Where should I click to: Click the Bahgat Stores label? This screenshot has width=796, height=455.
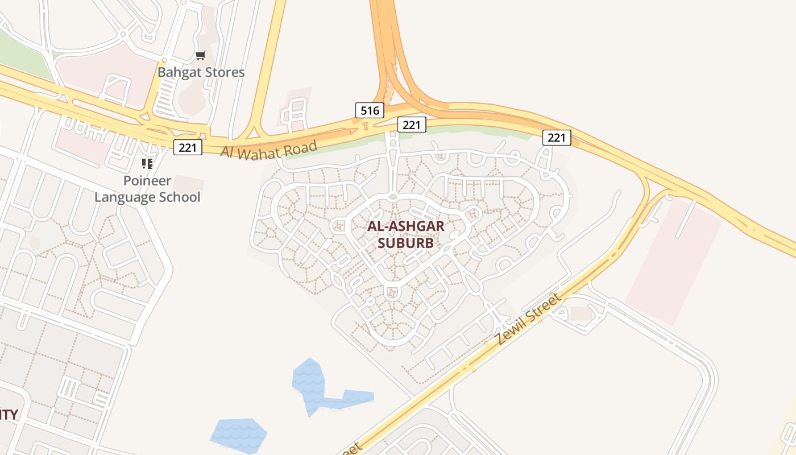point(201,72)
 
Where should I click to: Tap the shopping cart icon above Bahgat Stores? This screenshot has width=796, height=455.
point(200,55)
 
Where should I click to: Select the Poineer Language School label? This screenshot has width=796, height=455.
point(147,189)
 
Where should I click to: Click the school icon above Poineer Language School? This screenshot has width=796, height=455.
point(147,164)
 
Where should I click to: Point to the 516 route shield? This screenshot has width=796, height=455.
point(370,110)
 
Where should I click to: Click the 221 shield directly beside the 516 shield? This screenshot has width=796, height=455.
point(411,125)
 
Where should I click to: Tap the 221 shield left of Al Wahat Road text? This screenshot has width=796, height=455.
point(188,148)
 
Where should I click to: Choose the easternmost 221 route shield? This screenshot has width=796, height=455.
point(557,137)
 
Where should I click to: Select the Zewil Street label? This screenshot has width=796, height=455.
point(528,319)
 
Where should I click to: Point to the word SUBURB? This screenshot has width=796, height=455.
point(406,243)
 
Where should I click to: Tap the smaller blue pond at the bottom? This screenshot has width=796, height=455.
point(239,435)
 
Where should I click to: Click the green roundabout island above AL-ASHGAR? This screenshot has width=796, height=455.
point(392,197)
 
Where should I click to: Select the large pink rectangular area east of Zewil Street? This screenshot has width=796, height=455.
point(674,262)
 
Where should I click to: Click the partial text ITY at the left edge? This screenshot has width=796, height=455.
point(9,415)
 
